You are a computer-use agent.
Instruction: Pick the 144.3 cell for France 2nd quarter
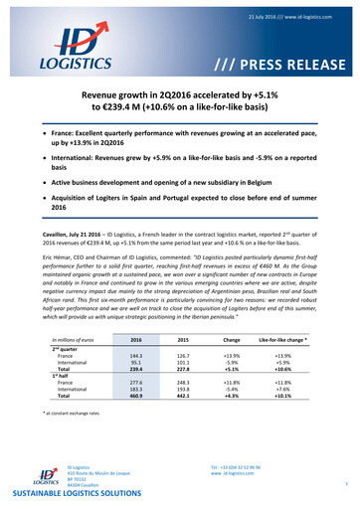click(x=137, y=355)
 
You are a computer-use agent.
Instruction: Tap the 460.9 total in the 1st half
click(x=137, y=408)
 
